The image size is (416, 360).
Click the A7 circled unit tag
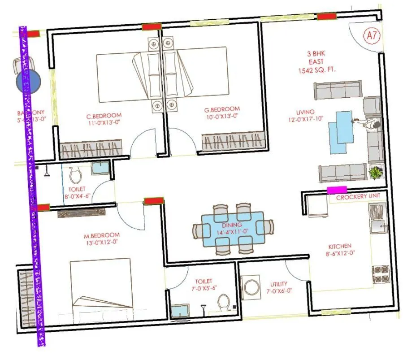click(371, 35)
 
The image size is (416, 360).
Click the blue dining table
click(232, 229)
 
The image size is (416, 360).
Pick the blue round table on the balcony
click(29, 82)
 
